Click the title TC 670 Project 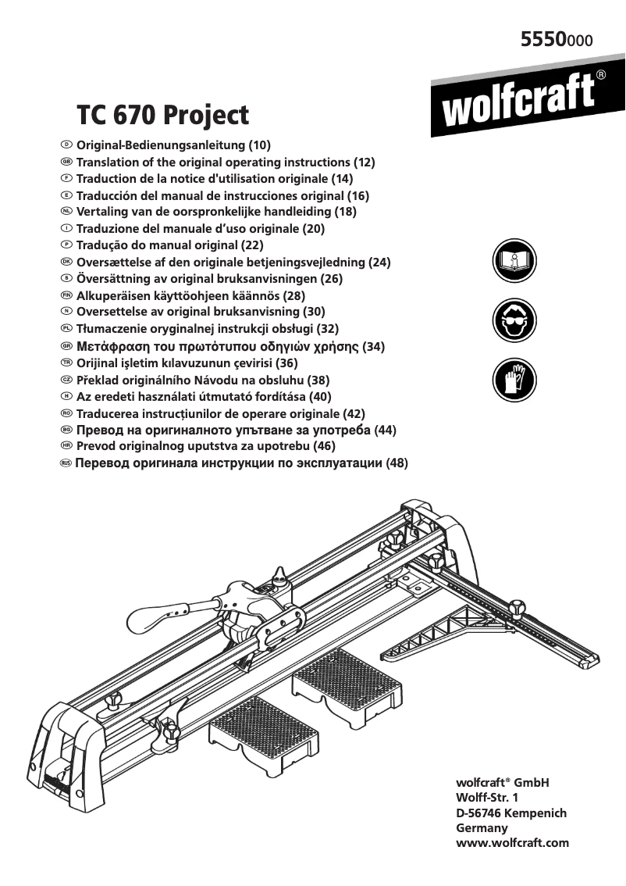point(162,116)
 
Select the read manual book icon point(514,262)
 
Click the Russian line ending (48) point(241,463)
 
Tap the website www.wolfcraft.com point(512,843)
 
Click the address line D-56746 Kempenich point(510,813)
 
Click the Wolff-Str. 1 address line point(486,798)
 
